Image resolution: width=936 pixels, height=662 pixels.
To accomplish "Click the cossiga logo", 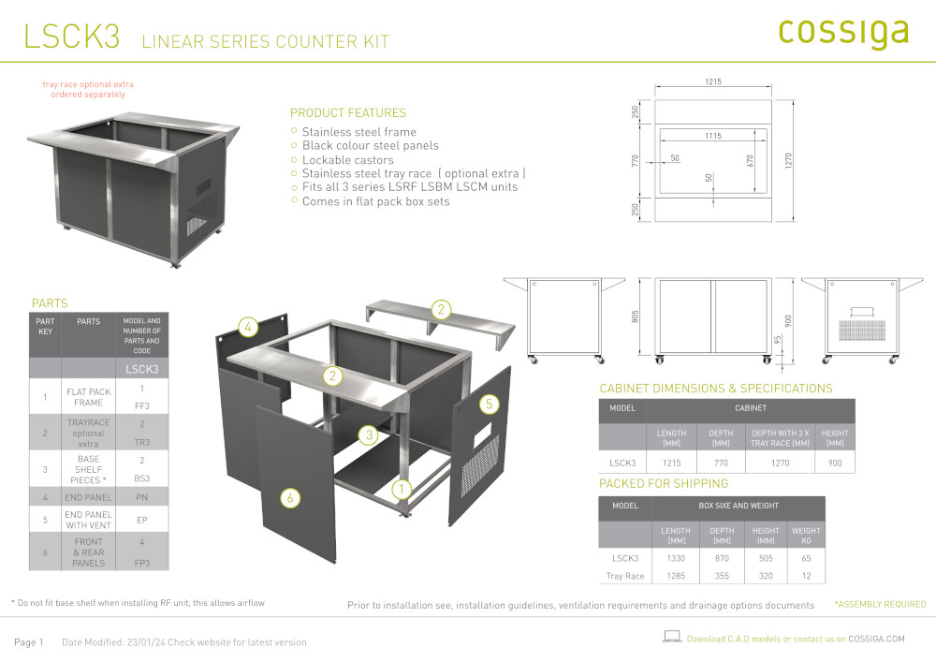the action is (x=843, y=33).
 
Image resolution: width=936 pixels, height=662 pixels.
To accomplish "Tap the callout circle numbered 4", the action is (x=248, y=327).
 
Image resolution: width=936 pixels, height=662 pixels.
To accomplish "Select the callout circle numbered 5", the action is (x=489, y=405).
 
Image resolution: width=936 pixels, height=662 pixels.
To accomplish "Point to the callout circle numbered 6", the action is (x=290, y=498).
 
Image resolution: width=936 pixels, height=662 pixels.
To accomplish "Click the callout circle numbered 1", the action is (x=402, y=490).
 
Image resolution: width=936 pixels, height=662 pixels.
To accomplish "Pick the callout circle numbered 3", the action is (x=369, y=434).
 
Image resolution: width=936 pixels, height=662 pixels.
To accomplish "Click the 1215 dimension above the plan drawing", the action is (x=713, y=81).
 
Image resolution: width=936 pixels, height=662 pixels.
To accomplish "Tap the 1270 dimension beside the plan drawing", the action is (x=788, y=160).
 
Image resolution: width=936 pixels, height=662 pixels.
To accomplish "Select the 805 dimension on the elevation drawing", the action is (x=636, y=316).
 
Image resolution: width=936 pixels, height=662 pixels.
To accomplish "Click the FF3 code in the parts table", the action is (x=142, y=406).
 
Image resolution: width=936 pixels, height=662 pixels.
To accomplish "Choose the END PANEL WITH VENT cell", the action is (x=88, y=520).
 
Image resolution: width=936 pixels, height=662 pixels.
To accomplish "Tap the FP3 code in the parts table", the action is (x=142, y=563).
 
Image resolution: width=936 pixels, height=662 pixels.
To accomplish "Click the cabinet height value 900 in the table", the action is (x=835, y=463).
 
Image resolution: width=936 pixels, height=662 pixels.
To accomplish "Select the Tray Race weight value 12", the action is (x=807, y=576).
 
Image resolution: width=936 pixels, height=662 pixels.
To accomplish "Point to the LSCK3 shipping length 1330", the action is (x=676, y=558).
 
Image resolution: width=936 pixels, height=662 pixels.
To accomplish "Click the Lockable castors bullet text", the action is (x=348, y=160).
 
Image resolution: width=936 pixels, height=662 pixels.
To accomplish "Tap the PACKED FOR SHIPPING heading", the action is (x=664, y=483).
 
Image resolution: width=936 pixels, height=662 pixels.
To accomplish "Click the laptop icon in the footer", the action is (x=672, y=637).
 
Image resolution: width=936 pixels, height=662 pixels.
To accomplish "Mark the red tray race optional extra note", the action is (x=88, y=90).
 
